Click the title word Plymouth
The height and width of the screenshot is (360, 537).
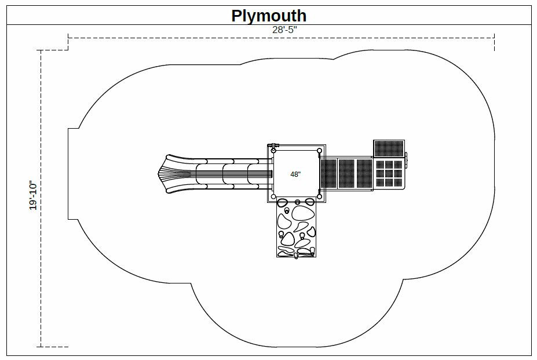(269, 15)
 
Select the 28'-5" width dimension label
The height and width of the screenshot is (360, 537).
(284, 30)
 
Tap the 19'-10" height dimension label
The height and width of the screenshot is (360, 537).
(33, 195)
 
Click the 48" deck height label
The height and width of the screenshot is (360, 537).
(295, 174)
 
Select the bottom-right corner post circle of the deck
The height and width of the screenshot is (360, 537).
(319, 197)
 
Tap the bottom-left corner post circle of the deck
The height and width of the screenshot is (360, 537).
(274, 197)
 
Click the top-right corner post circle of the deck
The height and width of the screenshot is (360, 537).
(319, 151)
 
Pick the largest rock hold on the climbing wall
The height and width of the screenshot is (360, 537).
(302, 213)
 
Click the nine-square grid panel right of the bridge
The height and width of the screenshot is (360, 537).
(388, 173)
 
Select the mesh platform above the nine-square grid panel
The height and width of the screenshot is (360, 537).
(389, 148)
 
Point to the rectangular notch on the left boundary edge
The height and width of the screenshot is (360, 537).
(74, 173)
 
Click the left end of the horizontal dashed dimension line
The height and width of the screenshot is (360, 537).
(68, 37)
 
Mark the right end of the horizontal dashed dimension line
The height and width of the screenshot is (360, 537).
(494, 37)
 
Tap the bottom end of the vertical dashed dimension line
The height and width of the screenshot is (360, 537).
(41, 347)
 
